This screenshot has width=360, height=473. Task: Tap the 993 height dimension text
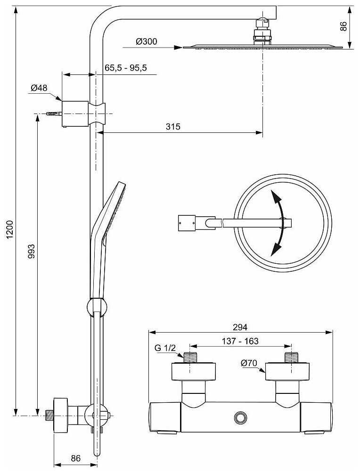point(32,251)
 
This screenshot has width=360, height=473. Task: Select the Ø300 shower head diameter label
point(147,41)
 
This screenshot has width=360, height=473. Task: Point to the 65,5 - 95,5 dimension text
point(126,67)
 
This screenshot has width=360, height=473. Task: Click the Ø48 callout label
point(39,88)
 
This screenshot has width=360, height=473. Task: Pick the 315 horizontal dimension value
point(173,126)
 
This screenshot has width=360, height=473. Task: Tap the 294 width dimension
point(240,327)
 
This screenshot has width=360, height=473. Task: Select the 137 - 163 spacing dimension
point(240,341)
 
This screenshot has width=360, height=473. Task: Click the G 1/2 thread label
point(165,348)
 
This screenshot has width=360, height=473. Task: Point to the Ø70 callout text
point(249,363)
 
